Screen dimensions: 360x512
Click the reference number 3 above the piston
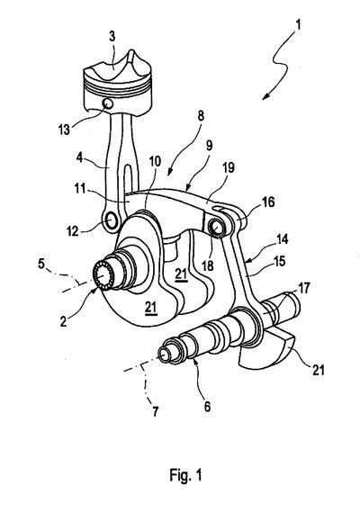tap(112, 36)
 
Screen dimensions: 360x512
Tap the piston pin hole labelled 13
tap(108, 103)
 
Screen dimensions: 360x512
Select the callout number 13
tap(64, 130)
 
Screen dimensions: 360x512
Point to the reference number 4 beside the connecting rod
tap(80, 158)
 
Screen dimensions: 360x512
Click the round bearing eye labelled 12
tap(112, 221)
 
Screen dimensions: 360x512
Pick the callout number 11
tap(80, 188)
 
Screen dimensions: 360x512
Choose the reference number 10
tap(155, 162)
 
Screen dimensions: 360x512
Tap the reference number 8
tap(201, 116)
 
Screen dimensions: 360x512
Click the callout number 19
tap(229, 167)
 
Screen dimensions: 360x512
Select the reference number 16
tap(268, 202)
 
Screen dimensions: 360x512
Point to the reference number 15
tap(280, 261)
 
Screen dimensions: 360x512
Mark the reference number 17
tap(304, 288)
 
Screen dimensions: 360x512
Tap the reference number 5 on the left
tap(41, 263)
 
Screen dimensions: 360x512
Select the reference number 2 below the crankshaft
tap(63, 321)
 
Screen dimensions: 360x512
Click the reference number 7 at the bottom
tap(155, 411)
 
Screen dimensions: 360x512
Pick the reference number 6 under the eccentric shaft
tap(207, 407)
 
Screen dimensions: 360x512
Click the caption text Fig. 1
tap(185, 475)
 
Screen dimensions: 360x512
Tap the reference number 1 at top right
tap(298, 25)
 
